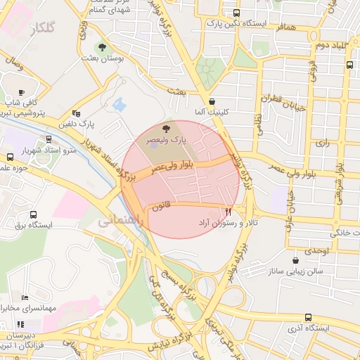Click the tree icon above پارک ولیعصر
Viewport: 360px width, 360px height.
166,129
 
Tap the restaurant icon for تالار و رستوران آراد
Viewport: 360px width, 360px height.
228,210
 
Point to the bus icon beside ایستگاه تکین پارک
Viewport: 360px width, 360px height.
236,13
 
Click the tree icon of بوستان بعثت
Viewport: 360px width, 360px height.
103,48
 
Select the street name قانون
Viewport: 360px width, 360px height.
163,206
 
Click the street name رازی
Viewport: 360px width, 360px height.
323,142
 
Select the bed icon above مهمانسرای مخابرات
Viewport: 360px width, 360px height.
25,297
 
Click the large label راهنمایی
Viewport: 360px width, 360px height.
120,220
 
